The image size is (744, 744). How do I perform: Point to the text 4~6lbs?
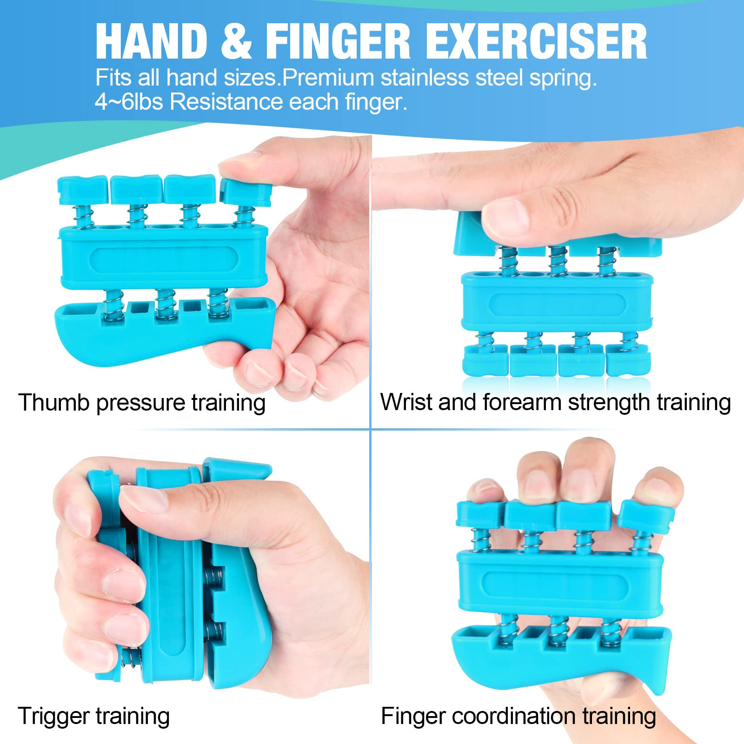click(x=129, y=101)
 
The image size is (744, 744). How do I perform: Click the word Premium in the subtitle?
click(x=328, y=78)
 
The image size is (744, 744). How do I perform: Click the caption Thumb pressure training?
click(x=142, y=403)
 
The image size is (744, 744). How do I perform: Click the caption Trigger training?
click(x=93, y=717)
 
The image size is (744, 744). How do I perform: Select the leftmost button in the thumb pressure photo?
click(x=83, y=190)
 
